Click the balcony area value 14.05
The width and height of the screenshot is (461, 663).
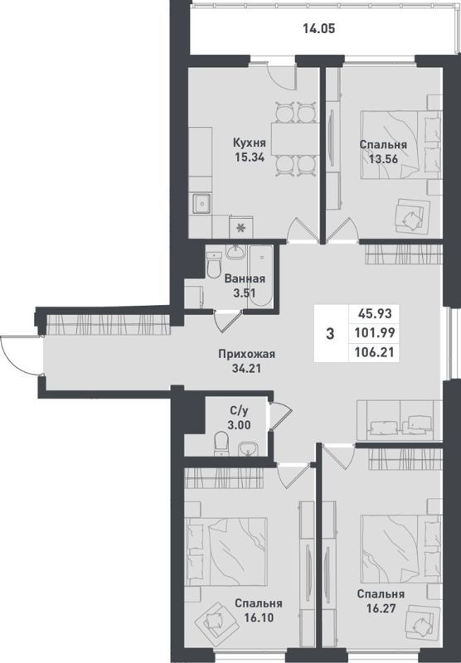[319, 29]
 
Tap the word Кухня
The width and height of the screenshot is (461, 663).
[250, 142]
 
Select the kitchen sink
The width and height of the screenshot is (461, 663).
[202, 203]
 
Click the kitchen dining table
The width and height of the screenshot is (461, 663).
[295, 138]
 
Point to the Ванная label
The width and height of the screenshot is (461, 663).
[245, 279]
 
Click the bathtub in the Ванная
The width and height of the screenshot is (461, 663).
[260, 275]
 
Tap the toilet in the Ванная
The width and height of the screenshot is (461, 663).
[214, 264]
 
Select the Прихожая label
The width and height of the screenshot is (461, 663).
[246, 354]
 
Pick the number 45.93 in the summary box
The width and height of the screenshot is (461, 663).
[375, 314]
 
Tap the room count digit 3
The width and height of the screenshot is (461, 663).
[330, 334]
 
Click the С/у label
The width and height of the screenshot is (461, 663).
[240, 410]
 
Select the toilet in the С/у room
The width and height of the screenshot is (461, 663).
[221, 443]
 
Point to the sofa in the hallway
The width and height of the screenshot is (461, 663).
[400, 420]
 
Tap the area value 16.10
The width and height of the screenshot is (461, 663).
[259, 617]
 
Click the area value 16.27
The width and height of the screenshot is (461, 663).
[381, 608]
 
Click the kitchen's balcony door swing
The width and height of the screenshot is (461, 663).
[280, 75]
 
